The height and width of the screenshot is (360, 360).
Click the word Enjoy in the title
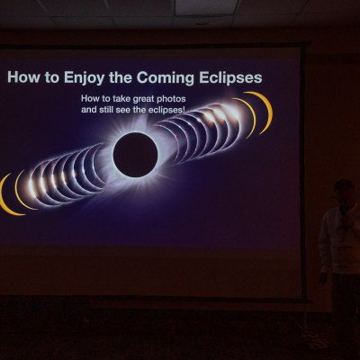click(x=84, y=78)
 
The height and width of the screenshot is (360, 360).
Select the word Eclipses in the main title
click(x=230, y=77)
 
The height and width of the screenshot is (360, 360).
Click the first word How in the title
click(x=22, y=77)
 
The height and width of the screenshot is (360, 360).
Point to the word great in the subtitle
click(x=140, y=99)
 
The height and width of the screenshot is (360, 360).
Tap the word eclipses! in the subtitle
click(x=166, y=110)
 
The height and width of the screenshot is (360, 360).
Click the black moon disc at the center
click(x=135, y=155)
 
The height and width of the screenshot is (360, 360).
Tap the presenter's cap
click(x=344, y=186)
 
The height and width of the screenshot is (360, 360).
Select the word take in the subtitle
click(x=116, y=99)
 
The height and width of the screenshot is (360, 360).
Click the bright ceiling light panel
click(x=206, y=6)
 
